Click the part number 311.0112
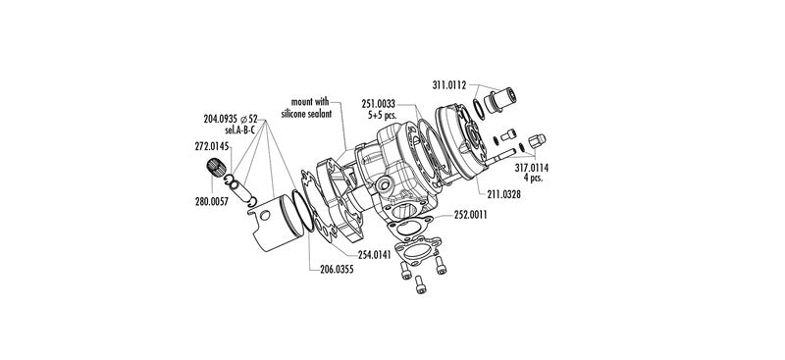click(x=449, y=85)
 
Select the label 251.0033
click(x=378, y=104)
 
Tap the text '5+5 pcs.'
click(x=382, y=114)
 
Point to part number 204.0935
click(x=220, y=119)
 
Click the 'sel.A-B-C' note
click(x=240, y=130)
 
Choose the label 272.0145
click(x=211, y=147)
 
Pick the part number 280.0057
click(x=212, y=202)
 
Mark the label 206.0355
click(x=337, y=270)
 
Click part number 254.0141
click(x=375, y=253)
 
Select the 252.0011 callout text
click(x=471, y=215)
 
